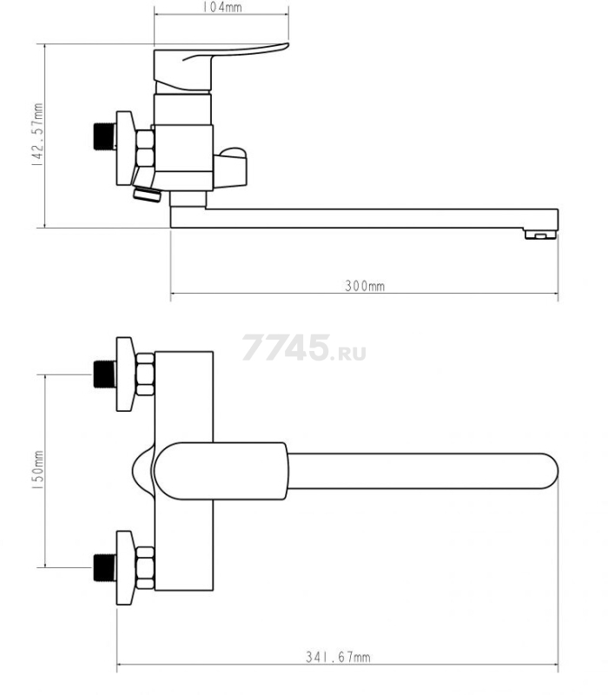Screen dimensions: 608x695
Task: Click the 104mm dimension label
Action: pyautogui.click(x=222, y=7)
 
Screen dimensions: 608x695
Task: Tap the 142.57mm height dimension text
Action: pyautogui.click(x=37, y=135)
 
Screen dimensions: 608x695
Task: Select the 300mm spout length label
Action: pyautogui.click(x=365, y=286)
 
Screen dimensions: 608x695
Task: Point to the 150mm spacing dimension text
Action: pyautogui.click(x=37, y=470)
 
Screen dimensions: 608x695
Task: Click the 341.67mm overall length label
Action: pyautogui.click(x=338, y=657)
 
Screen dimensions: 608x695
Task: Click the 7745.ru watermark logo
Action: pyautogui.click(x=304, y=347)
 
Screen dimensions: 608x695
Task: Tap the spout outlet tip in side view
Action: pyautogui.click(x=540, y=234)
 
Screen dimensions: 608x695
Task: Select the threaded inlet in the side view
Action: pyautogui.click(x=104, y=136)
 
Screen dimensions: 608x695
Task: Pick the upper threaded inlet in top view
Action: pyautogui.click(x=104, y=374)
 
